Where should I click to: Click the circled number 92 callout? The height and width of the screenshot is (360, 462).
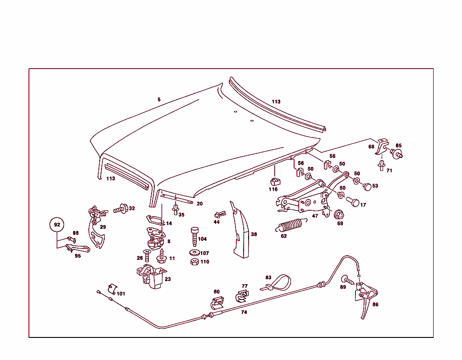(x=57, y=225)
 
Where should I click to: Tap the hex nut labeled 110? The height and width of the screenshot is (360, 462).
(x=194, y=262)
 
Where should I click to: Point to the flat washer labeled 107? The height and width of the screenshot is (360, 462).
(x=194, y=253)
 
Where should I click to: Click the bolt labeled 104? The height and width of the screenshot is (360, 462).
(x=194, y=236)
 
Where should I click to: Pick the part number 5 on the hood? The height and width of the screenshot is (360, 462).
(x=159, y=100)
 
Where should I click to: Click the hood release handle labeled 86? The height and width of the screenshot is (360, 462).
(x=365, y=298)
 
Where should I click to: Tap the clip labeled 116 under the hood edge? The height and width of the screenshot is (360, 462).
(x=275, y=182)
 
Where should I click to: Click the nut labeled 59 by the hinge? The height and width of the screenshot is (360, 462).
(x=339, y=214)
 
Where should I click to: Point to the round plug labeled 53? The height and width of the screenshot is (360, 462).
(x=367, y=187)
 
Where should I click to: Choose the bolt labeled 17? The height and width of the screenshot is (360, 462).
(x=353, y=202)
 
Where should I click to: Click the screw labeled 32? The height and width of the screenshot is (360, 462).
(x=120, y=209)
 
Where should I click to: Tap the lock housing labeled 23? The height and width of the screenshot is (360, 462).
(x=152, y=277)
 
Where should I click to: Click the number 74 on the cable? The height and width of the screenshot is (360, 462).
(x=244, y=312)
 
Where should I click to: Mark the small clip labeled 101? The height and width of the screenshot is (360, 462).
(x=112, y=289)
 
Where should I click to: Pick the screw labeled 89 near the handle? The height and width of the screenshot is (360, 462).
(x=347, y=280)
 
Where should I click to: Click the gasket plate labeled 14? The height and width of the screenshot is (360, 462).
(x=155, y=220)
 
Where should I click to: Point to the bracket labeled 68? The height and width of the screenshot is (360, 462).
(x=382, y=147)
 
